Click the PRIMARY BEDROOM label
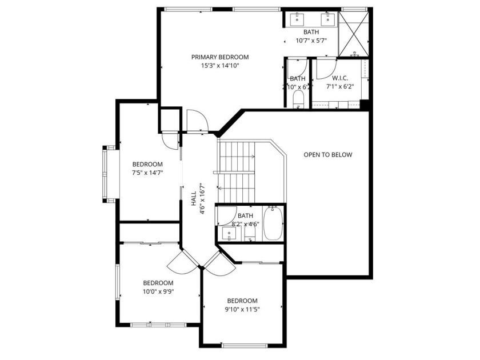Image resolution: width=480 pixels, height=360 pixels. (220, 57)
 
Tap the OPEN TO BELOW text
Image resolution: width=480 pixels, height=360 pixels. (328, 155)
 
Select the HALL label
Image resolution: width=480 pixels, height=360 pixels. (194, 199)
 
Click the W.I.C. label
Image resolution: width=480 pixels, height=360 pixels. (340, 78)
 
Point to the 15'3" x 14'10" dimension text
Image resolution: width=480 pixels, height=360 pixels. (220, 66)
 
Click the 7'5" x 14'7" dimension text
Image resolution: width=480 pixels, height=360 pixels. (147, 173)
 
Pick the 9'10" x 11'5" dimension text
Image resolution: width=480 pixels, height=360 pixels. (242, 309)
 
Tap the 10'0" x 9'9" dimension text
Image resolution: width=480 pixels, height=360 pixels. (158, 291)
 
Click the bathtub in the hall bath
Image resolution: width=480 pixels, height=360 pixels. (273, 223)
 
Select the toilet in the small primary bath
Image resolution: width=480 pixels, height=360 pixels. (298, 99)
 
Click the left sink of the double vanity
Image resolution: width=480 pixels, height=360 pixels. (297, 19)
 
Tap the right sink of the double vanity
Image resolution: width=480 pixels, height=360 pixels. (328, 19)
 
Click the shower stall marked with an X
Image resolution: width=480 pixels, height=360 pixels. (354, 34)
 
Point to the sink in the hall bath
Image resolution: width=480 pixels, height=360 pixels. (229, 234)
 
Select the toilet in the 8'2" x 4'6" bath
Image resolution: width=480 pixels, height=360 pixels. (250, 234)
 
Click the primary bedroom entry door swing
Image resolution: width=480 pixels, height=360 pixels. (198, 121)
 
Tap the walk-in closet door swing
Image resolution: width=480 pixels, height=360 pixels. (327, 68)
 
